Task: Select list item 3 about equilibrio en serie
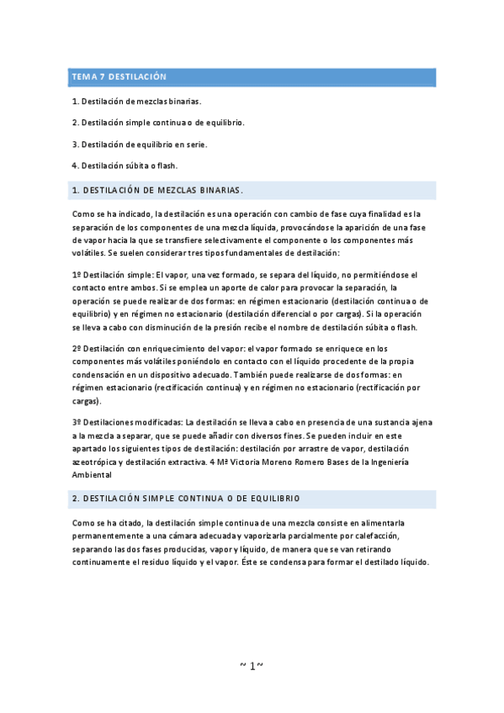140,144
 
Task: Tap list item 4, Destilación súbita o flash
125,165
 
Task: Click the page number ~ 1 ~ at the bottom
252,666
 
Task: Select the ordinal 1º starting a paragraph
77,275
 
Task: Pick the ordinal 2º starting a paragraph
77,348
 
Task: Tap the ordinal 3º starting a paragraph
77,421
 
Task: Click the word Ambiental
94,474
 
